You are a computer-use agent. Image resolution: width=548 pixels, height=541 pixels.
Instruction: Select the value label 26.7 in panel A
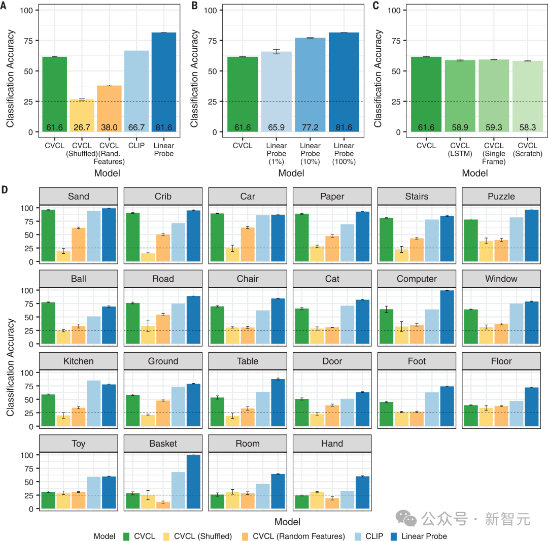click(82, 127)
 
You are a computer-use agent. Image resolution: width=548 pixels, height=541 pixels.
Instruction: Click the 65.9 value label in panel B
click(277, 127)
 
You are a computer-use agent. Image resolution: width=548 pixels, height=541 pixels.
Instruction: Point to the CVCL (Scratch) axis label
click(528, 150)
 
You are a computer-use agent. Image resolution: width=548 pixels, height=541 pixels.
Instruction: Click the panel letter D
click(5, 190)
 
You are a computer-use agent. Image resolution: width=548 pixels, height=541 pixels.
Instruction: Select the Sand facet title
click(78, 196)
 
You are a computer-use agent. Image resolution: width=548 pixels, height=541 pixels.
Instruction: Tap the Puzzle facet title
click(501, 196)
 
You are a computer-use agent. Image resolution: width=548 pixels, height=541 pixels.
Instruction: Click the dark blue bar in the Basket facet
click(193, 482)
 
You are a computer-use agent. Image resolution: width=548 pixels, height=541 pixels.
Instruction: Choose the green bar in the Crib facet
click(132, 237)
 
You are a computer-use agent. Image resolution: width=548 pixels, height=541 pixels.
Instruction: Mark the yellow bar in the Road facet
click(148, 335)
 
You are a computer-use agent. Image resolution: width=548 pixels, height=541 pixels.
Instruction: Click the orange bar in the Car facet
click(248, 245)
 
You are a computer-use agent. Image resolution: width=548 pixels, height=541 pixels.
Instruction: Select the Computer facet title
click(417, 279)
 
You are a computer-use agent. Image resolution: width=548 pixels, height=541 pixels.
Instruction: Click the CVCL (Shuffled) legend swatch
click(166, 536)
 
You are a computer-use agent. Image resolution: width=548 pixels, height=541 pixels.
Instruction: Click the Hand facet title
click(332, 444)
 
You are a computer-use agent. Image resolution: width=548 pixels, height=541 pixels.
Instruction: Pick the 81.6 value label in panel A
click(163, 127)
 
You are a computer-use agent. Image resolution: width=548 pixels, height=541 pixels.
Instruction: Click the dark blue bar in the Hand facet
click(362, 492)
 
